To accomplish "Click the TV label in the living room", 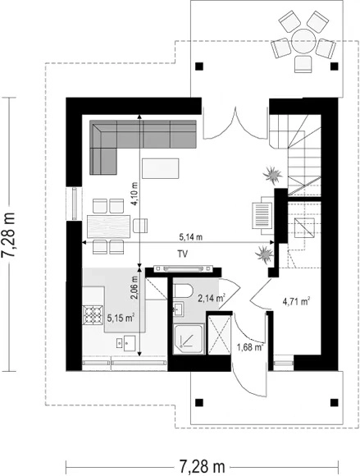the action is [183, 254].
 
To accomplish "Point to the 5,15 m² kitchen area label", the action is [121, 318].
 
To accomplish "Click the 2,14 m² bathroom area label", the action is [212, 299].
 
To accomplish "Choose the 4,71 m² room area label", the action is [296, 302].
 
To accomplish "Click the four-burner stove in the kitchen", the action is [93, 315].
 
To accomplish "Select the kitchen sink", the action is [125, 343].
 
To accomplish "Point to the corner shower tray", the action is [189, 339].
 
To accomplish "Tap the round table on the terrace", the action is [303, 41].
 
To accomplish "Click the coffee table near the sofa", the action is [161, 167].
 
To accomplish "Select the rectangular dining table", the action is [108, 227].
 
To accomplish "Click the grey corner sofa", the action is [143, 147].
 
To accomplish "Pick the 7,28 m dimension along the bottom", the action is [202, 465].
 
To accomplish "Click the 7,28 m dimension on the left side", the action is [8, 235].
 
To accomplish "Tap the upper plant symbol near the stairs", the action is [272, 175].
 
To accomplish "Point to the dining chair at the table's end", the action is [140, 226].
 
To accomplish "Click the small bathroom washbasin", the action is [178, 309].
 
